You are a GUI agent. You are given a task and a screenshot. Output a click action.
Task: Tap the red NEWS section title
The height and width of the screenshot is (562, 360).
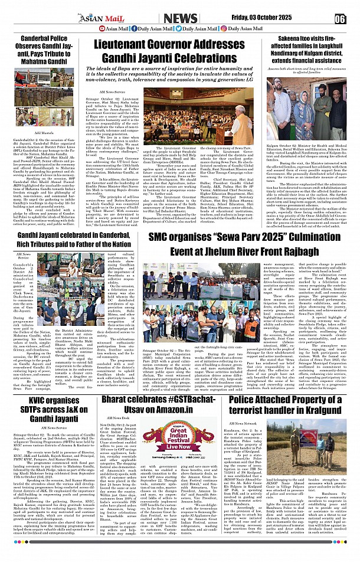[x=180, y=18]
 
